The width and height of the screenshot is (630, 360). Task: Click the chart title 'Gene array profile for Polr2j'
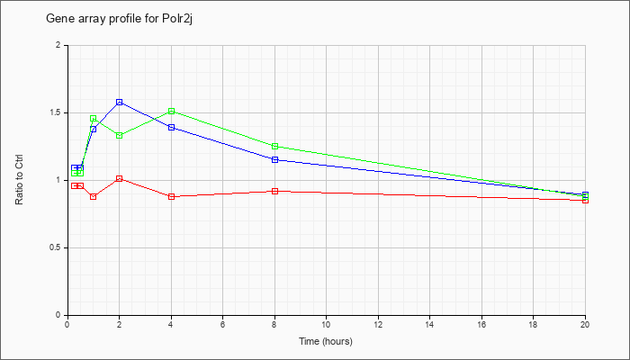(120, 19)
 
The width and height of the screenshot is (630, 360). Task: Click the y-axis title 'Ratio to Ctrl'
(19, 180)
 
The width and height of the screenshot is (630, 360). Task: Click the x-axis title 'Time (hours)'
(326, 341)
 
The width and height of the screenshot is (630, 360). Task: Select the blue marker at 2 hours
(120, 102)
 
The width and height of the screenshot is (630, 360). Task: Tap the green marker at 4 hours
(172, 111)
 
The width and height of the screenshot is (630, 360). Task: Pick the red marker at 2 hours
(120, 178)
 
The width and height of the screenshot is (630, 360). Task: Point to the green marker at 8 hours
(274, 146)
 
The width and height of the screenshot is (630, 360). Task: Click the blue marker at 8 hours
(274, 159)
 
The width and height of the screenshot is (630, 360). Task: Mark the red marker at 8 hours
(274, 191)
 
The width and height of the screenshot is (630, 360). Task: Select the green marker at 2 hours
(120, 135)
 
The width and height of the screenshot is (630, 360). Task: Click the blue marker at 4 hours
(172, 128)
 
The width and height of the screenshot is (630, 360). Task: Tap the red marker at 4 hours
(172, 196)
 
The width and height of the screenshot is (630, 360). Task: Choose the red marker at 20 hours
(585, 200)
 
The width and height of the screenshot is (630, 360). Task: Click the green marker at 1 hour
(94, 118)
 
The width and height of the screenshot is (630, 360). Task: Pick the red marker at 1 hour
(94, 196)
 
